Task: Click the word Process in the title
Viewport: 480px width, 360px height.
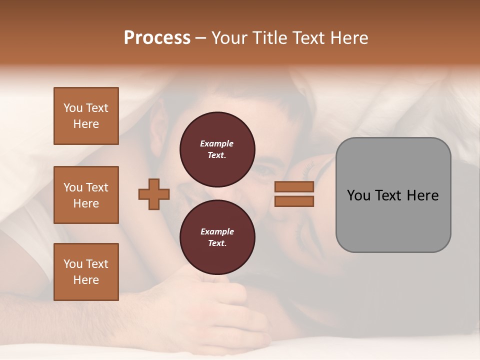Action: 157,38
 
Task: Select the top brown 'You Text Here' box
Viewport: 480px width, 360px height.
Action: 86,116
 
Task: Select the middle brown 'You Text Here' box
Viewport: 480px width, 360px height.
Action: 86,195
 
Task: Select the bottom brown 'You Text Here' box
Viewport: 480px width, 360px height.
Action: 86,272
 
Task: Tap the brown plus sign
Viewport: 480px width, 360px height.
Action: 154,194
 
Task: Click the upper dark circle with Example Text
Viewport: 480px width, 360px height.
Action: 217,149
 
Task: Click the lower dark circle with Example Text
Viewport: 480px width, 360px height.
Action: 217,237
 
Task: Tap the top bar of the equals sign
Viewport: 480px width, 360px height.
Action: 294,186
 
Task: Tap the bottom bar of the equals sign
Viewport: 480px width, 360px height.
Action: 294,201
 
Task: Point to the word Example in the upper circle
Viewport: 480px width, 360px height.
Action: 217,144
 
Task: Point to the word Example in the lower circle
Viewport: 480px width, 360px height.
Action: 217,232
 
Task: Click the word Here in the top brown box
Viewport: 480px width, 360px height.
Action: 86,124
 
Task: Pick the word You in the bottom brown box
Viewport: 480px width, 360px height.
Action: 73,264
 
